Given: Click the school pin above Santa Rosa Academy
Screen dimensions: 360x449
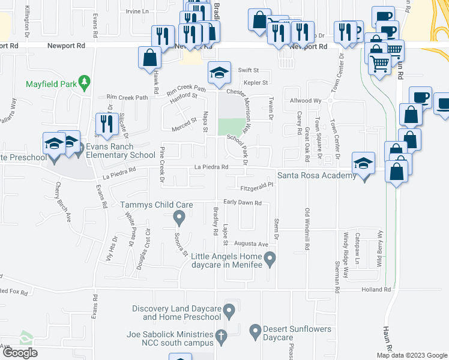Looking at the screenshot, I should [x=363, y=163].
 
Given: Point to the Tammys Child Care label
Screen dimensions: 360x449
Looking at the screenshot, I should [x=157, y=205].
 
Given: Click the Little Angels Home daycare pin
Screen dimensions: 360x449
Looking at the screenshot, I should [x=270, y=259].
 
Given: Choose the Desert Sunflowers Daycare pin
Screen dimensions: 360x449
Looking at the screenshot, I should [x=255, y=329].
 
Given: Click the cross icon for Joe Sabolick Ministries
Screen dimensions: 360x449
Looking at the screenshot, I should [x=221, y=338].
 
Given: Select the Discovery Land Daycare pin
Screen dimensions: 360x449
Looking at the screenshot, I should [x=229, y=311].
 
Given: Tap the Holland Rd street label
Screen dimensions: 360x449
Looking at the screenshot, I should [x=376, y=289].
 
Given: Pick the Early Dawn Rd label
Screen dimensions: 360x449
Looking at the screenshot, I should [x=243, y=203].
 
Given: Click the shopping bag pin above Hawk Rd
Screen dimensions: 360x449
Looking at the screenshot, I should [x=149, y=58].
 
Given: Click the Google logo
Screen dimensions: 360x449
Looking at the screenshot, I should [x=19, y=353].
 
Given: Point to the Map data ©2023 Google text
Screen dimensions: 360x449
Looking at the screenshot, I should [x=411, y=355].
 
